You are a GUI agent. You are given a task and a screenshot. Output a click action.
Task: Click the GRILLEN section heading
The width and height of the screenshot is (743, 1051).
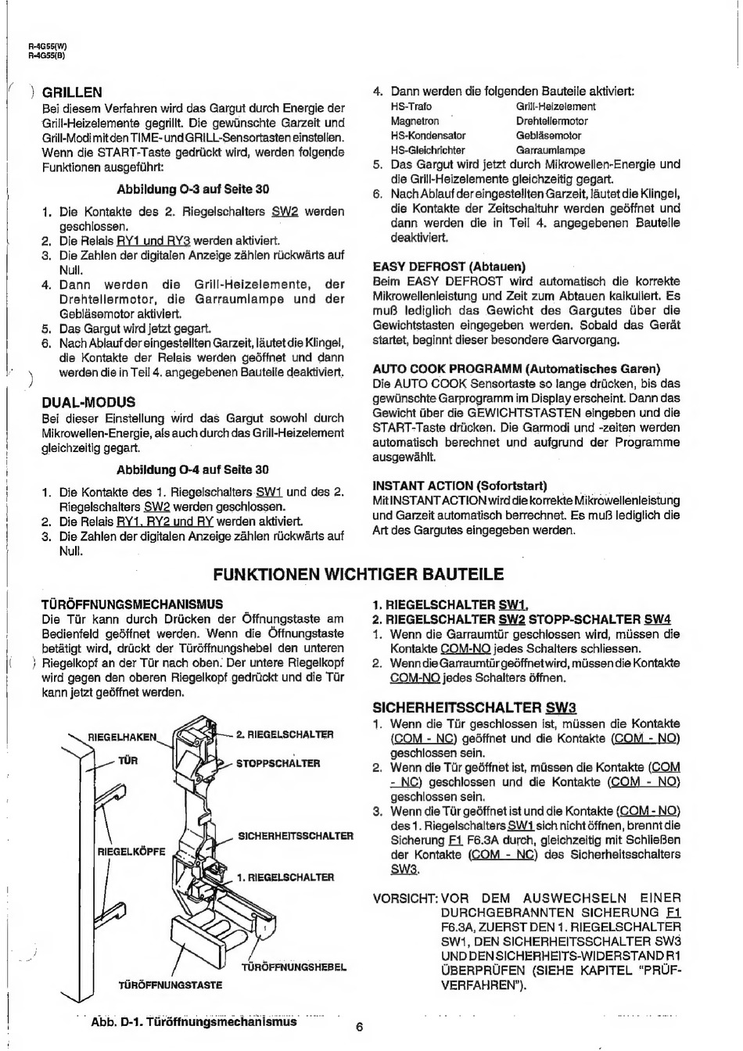point(72,92)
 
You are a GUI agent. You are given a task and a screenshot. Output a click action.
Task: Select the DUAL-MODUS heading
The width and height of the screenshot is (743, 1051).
point(88,402)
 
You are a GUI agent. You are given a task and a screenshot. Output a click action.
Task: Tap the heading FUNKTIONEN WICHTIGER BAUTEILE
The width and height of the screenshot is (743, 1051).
point(358,574)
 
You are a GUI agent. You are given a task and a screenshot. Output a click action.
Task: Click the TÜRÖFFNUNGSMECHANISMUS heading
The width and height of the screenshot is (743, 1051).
point(132,604)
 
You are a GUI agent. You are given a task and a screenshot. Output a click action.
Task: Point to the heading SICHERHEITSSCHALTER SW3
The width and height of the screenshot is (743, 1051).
point(475,708)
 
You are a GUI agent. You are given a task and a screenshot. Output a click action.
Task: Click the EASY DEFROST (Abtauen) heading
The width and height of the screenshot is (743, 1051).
point(449,267)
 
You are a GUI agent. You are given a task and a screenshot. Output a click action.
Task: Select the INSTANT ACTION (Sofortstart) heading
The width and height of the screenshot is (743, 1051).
point(460,486)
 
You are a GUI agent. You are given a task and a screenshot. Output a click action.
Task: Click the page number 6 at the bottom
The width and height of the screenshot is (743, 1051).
point(359,1027)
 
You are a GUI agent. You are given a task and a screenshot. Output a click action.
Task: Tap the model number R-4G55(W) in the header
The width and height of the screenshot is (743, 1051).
point(47,46)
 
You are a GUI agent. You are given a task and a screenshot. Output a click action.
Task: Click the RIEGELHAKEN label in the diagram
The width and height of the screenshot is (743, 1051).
point(122,737)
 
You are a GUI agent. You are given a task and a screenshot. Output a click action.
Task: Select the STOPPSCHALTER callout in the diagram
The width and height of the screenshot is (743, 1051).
point(278,763)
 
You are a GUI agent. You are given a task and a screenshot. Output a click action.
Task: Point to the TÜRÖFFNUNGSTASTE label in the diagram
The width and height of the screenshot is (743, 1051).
point(170,985)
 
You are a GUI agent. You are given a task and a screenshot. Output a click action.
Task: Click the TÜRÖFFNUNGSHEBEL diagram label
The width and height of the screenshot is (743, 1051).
point(294,967)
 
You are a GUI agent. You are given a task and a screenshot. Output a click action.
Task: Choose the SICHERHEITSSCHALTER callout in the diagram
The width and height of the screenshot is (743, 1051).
point(296,836)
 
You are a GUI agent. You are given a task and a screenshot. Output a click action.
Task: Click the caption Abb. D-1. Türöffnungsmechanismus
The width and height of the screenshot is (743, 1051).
point(194,1021)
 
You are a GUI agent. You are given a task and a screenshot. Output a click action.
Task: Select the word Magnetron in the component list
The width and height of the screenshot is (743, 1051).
point(415,121)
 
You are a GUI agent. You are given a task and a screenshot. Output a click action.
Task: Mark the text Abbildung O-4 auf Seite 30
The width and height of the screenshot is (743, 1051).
point(192,470)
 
